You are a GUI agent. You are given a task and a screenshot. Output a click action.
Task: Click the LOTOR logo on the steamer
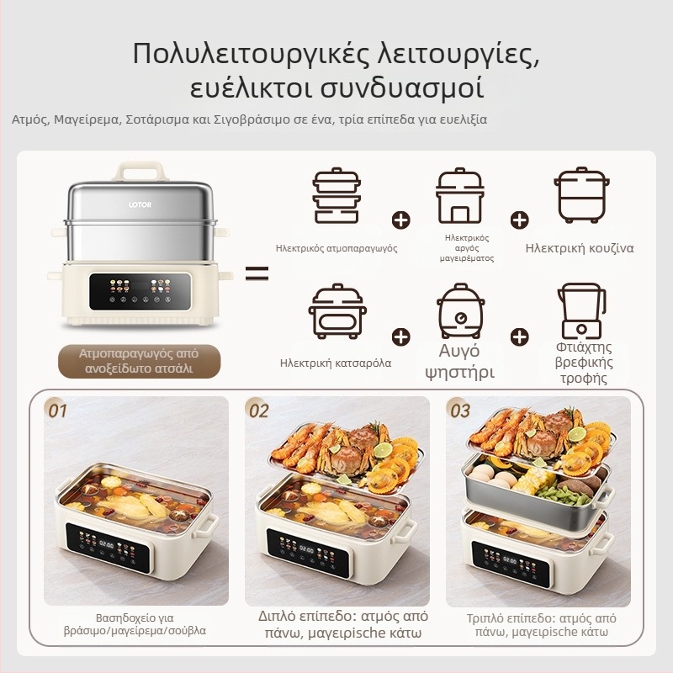click(141, 204)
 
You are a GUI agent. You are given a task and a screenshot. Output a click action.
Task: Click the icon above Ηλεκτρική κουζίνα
click(580, 194)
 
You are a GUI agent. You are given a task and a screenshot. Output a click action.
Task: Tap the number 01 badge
click(57, 411)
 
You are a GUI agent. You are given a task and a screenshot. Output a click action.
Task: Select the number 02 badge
click(257, 411)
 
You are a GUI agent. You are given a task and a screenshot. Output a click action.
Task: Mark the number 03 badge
click(459, 411)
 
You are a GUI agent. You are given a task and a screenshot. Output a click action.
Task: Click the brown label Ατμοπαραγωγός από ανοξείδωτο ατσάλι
click(139, 361)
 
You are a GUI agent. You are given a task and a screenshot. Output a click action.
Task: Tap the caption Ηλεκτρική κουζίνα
click(580, 248)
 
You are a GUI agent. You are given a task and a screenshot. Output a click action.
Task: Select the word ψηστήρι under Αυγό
click(459, 372)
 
